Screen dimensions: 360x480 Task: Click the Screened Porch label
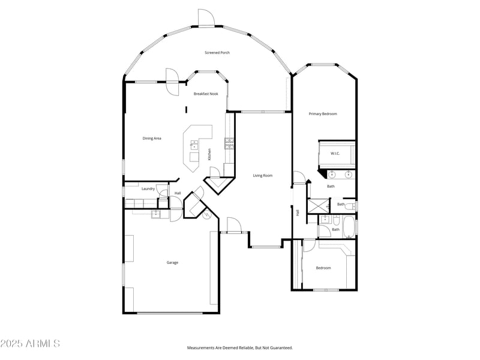pyautogui.click(x=217, y=53)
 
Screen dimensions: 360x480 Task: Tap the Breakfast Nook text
pyautogui.click(x=205, y=94)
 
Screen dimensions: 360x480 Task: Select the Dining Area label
pyautogui.click(x=152, y=139)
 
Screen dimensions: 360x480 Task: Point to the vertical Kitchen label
pyautogui.click(x=209, y=154)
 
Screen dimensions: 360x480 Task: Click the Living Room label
pyautogui.click(x=262, y=176)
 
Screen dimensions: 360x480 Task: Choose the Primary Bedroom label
pyautogui.click(x=323, y=114)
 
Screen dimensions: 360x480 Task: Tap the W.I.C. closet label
pyautogui.click(x=335, y=154)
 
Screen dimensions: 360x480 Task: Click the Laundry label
pyautogui.click(x=148, y=189)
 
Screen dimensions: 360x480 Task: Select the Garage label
pyautogui.click(x=172, y=262)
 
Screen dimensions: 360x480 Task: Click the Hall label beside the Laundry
pyautogui.click(x=178, y=193)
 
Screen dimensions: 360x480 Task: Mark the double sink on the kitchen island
pyautogui.click(x=194, y=144)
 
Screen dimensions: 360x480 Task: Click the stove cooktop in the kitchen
pyautogui.click(x=229, y=143)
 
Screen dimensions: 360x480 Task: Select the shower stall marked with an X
pyautogui.click(x=316, y=206)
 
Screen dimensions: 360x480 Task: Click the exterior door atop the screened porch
pyautogui.click(x=206, y=18)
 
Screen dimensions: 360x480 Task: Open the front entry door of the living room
pyautogui.click(x=233, y=226)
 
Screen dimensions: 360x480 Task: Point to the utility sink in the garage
pyautogui.click(x=156, y=213)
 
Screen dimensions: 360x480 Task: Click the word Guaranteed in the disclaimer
pyautogui.click(x=280, y=348)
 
